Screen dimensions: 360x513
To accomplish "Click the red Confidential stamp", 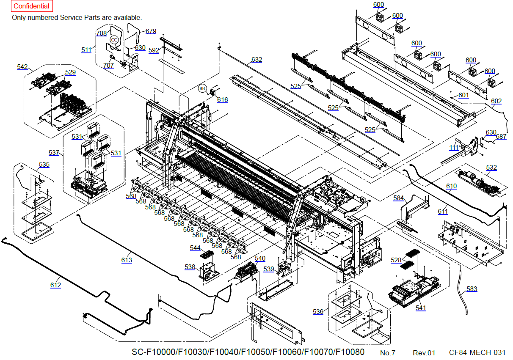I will (31, 6).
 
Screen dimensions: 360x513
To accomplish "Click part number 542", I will (22, 67).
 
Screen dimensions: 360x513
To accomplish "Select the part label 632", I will (256, 60).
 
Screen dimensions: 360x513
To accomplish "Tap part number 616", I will (222, 100).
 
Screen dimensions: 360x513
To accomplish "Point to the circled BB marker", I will (202, 89).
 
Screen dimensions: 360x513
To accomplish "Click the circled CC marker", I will (114, 40).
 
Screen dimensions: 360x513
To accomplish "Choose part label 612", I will (55, 285).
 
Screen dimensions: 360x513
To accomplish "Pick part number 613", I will (127, 260).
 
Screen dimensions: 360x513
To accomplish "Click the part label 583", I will (472, 289).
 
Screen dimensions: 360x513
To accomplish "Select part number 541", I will (421, 308).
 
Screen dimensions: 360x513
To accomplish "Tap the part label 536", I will (318, 312).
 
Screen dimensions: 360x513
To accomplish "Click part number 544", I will (195, 248).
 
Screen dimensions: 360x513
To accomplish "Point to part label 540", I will (260, 258).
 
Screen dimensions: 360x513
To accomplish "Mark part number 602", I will (496, 101).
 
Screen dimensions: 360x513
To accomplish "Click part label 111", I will (454, 148).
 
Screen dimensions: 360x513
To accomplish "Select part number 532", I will (491, 168).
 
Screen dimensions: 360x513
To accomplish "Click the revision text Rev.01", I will (424, 352).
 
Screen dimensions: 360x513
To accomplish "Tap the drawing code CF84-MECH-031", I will (477, 352).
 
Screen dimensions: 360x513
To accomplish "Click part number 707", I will (108, 65).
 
